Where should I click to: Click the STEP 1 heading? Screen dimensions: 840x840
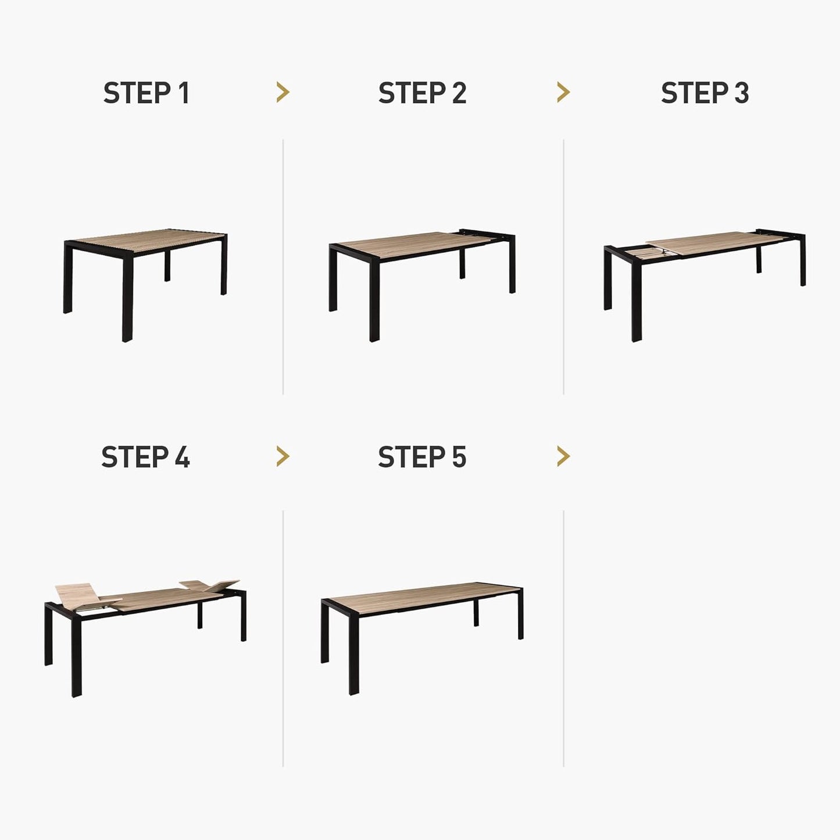click(146, 94)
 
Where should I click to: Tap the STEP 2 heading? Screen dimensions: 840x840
click(422, 94)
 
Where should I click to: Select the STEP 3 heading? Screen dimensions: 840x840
click(705, 94)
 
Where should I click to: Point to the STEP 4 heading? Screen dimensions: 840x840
click(145, 457)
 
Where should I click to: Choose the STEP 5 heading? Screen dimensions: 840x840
click(422, 457)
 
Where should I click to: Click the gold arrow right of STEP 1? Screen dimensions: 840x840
click(283, 92)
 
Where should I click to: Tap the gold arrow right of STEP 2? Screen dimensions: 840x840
click(563, 92)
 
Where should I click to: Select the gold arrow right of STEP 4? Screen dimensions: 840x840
click(283, 456)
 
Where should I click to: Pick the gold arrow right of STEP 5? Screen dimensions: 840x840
click(563, 456)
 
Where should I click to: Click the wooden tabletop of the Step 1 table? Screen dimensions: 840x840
click(148, 240)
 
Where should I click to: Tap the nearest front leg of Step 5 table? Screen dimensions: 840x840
click(353, 651)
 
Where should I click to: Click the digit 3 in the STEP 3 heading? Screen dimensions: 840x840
click(741, 94)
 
